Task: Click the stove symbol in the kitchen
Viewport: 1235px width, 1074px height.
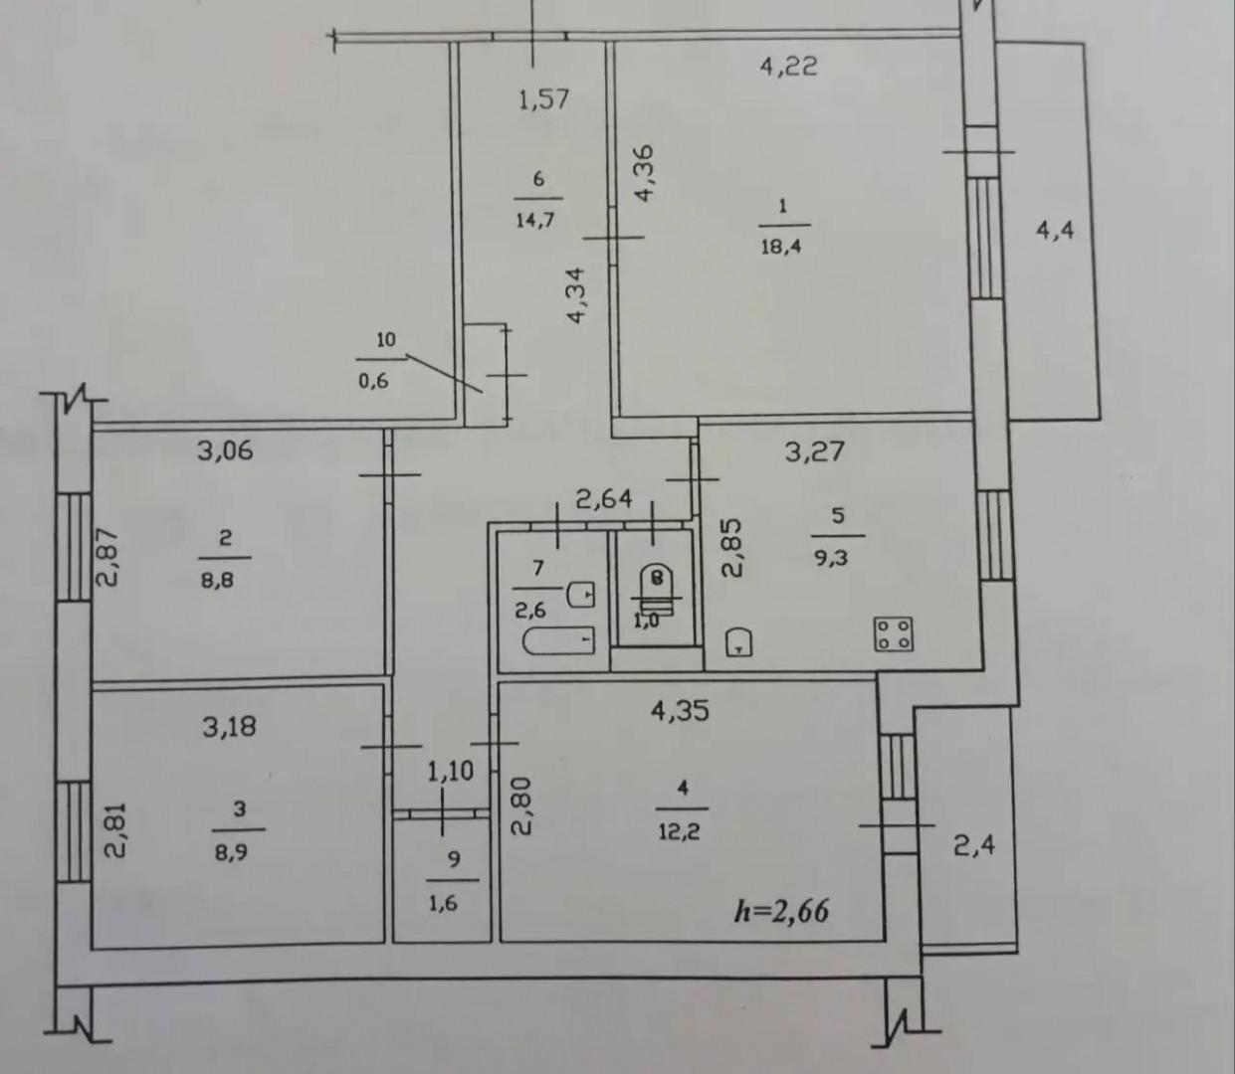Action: click(x=894, y=634)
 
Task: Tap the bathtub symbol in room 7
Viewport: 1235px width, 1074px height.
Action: click(x=559, y=641)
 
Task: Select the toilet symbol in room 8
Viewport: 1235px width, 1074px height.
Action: click(x=656, y=592)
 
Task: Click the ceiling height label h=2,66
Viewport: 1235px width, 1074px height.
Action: click(x=781, y=910)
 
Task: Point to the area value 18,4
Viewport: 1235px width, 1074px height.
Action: click(x=781, y=246)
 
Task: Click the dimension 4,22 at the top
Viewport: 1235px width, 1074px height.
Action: click(x=788, y=67)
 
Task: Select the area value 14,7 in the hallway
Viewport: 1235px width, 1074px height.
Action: click(x=535, y=220)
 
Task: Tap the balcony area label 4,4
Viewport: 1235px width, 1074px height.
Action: click(x=1055, y=231)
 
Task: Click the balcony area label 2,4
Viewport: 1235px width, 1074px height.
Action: click(x=974, y=845)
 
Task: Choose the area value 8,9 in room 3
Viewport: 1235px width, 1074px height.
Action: click(x=231, y=853)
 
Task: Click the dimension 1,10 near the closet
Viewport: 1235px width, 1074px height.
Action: click(x=450, y=772)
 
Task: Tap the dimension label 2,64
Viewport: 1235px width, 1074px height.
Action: click(x=604, y=498)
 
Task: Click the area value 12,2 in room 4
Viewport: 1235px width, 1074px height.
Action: click(x=680, y=832)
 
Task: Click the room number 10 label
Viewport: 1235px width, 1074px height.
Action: click(x=386, y=339)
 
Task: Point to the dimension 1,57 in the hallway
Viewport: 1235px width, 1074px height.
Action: click(x=544, y=99)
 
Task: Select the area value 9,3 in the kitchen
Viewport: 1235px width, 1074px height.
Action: click(x=831, y=558)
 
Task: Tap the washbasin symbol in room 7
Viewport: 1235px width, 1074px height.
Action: click(x=581, y=594)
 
